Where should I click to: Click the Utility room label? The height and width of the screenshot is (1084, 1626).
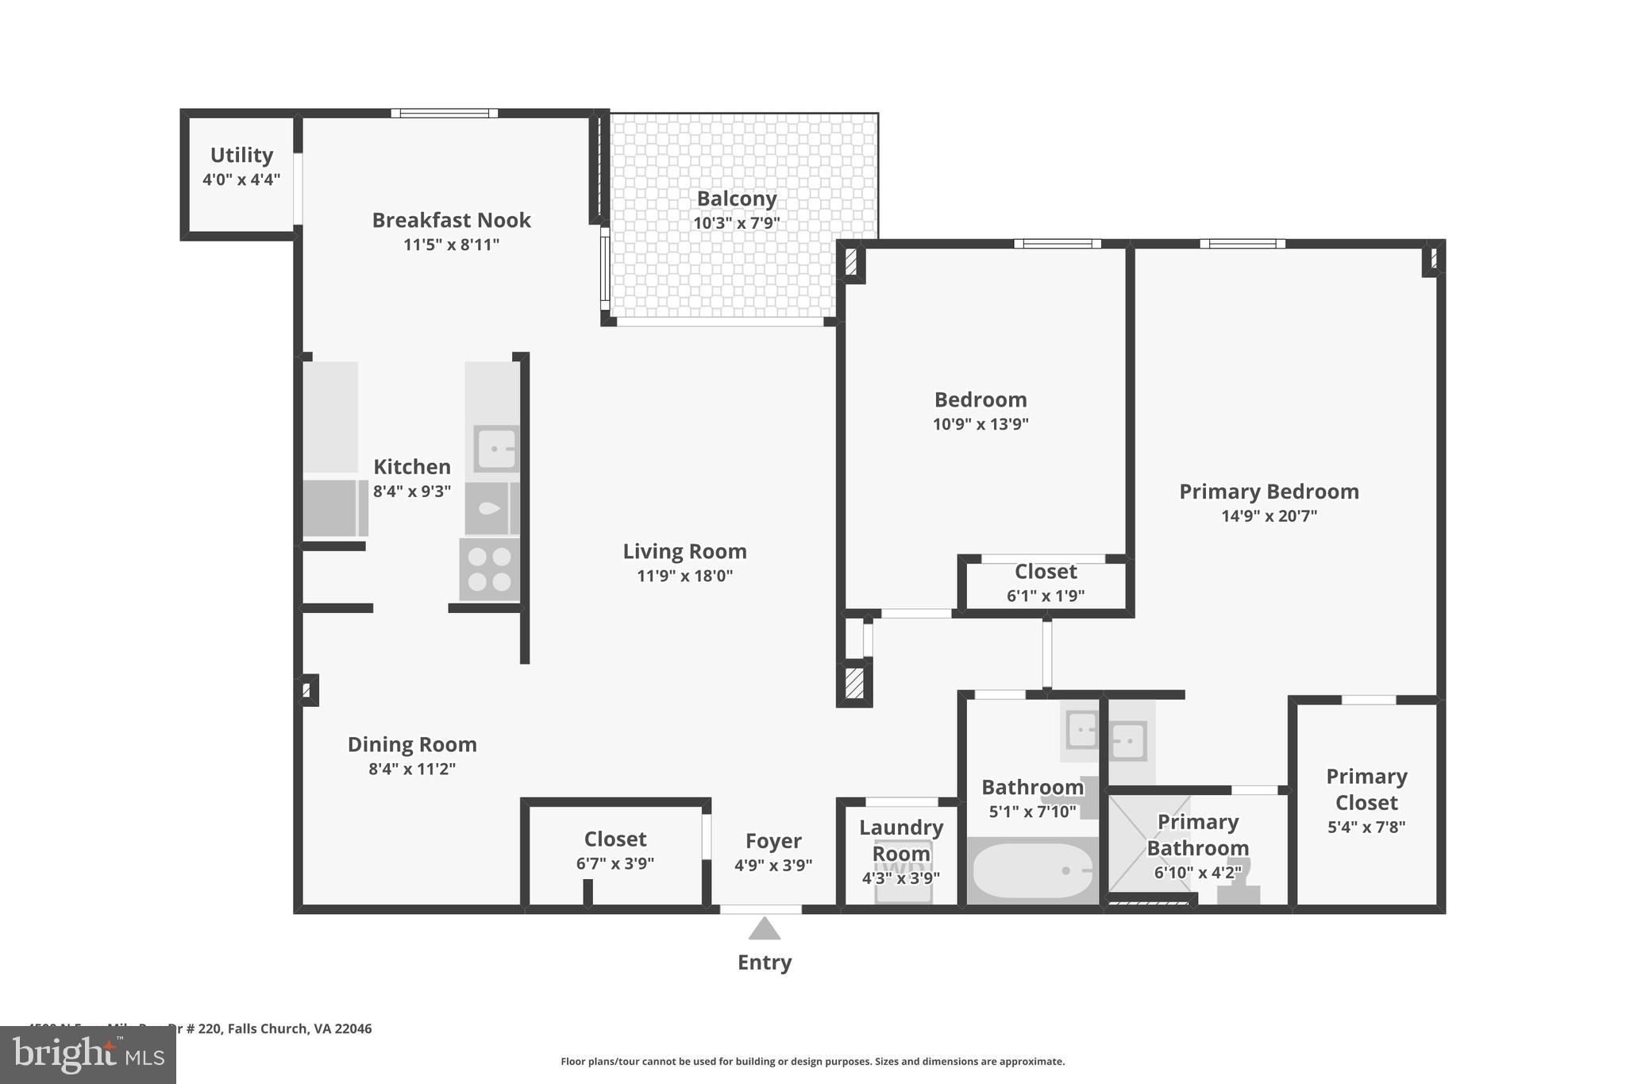241,155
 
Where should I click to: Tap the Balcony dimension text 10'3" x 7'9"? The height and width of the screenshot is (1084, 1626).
736,223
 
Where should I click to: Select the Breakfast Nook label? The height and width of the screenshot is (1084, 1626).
451,220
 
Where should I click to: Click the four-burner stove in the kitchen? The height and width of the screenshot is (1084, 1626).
489,569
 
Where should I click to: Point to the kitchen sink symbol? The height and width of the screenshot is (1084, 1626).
495,449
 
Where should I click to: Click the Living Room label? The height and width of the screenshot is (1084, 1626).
684,551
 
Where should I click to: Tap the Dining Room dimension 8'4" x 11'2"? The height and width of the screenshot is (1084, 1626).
412,769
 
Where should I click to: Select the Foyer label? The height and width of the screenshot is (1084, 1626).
773,841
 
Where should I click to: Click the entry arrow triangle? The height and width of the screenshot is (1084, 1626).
765,928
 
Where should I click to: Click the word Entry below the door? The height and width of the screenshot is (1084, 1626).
765,962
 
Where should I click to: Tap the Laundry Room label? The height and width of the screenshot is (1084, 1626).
901,840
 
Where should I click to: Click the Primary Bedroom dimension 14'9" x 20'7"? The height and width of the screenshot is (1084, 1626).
1269,516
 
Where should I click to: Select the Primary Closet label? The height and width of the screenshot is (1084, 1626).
1366,789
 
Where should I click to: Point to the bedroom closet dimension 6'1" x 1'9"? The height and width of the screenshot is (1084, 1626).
1046,596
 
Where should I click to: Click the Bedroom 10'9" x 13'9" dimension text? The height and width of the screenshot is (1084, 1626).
981,424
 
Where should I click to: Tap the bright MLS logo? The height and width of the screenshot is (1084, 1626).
88,1055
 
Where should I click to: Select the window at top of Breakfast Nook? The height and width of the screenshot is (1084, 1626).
445,114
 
